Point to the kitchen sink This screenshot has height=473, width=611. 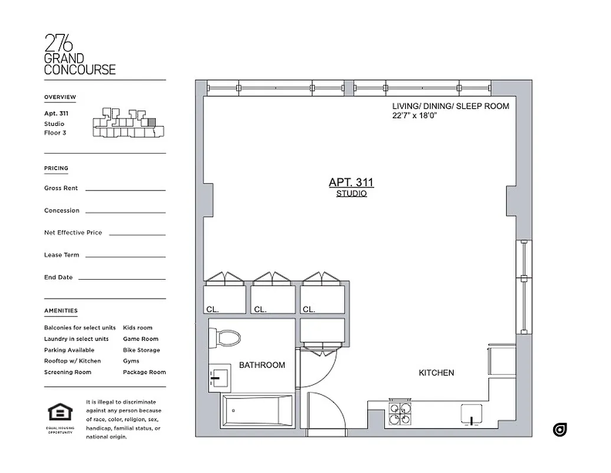pos(472,414)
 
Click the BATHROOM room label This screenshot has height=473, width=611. pos(262,365)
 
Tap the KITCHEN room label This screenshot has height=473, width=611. pos(436,373)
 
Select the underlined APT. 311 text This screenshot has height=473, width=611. pos(351,183)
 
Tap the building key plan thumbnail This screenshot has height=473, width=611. pos(126,125)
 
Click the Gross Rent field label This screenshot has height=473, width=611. pos(61,188)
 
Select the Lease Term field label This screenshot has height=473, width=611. pos(61,255)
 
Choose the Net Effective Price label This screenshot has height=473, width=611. pos(73,232)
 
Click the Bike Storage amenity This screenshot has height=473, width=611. pos(141,350)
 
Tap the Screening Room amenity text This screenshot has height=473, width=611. pos(67,372)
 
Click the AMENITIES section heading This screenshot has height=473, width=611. pos(61,310)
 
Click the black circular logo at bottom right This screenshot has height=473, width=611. pos(560,430)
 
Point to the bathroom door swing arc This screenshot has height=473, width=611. pos(319,370)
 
